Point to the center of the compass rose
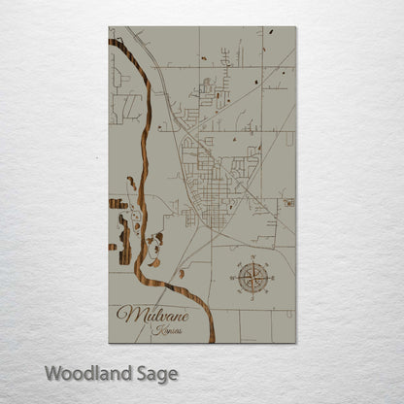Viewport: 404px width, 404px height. pyautogui.click(x=252, y=279)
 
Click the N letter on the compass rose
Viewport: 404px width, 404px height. pyautogui.click(x=252, y=259)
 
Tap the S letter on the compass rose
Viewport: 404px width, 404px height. pyautogui.click(x=252, y=298)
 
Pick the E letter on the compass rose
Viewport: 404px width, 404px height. pyautogui.click(x=272, y=279)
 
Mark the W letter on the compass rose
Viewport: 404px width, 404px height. pyautogui.click(x=233, y=279)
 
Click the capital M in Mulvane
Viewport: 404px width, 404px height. pyautogui.click(x=125, y=314)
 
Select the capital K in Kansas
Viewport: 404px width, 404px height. pyautogui.click(x=156, y=331)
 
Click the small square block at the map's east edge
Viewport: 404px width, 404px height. pyautogui.click(x=288, y=202)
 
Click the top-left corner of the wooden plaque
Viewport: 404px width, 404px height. pyautogui.click(x=109, y=27)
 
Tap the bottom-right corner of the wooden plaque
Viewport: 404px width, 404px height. pyautogui.click(x=296, y=343)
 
